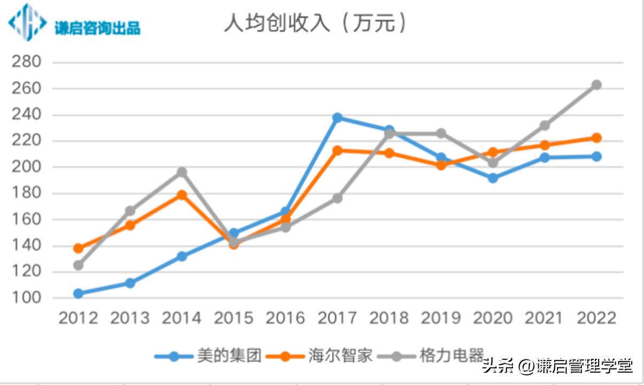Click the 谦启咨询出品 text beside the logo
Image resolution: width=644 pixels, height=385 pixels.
click(x=97, y=27)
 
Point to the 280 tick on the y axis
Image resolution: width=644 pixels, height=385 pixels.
click(x=26, y=62)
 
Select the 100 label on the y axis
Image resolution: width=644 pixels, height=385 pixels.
click(x=26, y=298)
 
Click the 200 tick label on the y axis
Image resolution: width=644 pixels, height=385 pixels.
click(x=26, y=167)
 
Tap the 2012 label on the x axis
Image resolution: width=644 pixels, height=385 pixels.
click(x=78, y=318)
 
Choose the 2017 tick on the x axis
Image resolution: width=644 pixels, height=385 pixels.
click(x=337, y=318)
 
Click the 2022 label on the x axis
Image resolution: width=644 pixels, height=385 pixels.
click(x=596, y=318)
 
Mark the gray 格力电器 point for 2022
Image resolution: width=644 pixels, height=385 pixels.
click(x=596, y=85)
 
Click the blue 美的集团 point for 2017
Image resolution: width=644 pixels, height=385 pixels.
click(x=337, y=118)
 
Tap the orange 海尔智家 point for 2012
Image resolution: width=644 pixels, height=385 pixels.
click(x=78, y=248)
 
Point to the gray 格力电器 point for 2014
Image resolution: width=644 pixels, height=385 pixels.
click(x=182, y=172)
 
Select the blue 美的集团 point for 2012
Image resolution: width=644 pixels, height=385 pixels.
click(x=78, y=294)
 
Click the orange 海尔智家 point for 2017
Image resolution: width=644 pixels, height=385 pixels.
click(x=337, y=151)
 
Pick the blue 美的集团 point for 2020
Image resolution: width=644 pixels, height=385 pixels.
click(x=493, y=178)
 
